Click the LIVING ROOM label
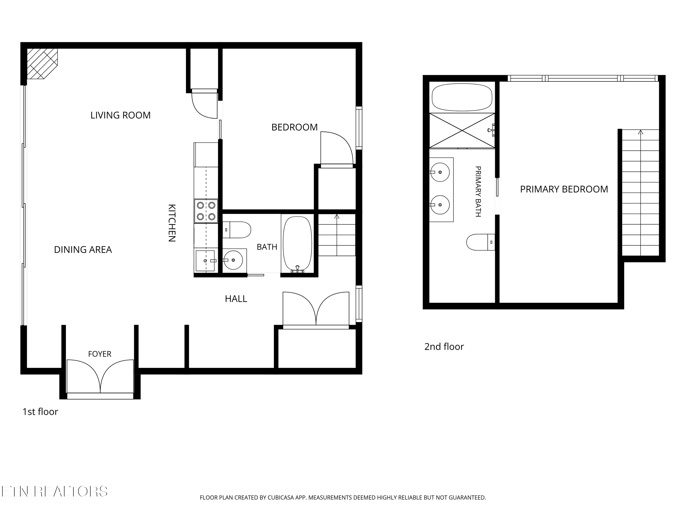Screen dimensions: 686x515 120,115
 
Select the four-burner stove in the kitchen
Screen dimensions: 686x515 206,211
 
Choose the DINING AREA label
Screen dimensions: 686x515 83,249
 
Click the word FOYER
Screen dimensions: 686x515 99,354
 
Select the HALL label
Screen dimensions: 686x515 236,299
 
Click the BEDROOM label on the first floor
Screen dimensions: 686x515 294,127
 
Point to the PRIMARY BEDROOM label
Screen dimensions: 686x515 564,189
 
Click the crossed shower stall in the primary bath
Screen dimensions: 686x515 462,130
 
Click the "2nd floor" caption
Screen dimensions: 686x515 444,347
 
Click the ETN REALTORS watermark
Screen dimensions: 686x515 55,491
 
